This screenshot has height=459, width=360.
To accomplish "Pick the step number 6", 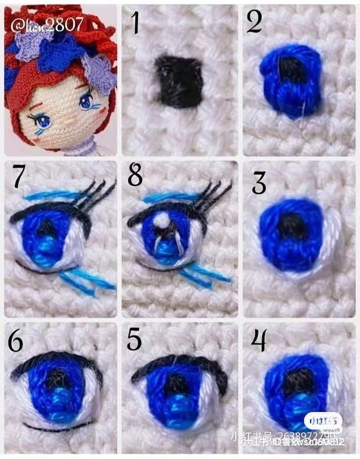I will (x=15, y=342).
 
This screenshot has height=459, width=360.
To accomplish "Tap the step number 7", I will (x=18, y=178).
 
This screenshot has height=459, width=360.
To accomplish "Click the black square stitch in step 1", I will (x=179, y=81).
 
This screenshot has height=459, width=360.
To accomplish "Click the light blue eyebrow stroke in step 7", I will (x=49, y=195).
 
